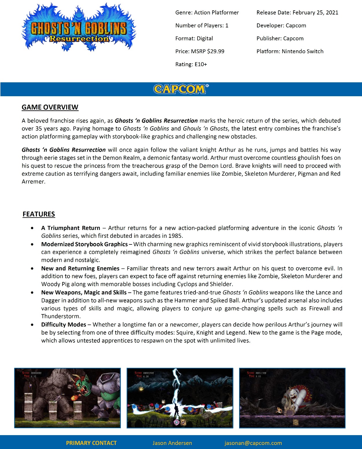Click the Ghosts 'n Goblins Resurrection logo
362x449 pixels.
(x=78, y=28)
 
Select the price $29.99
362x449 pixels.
(x=216, y=51)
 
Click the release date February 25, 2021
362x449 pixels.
(x=315, y=12)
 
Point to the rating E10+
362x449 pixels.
(x=201, y=64)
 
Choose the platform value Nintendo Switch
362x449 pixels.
(x=302, y=51)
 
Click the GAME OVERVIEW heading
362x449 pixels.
(x=50, y=107)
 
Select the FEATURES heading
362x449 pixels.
(x=39, y=214)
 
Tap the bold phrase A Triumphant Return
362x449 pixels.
(x=71, y=228)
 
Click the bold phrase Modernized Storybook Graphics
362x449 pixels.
(x=84, y=244)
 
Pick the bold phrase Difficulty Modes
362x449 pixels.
(x=64, y=324)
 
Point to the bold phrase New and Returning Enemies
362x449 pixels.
(x=80, y=268)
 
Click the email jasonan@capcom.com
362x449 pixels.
(x=253, y=443)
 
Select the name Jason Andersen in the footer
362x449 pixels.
(x=172, y=443)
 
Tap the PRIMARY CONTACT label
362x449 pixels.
(x=91, y=443)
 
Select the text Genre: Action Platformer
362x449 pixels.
(x=207, y=12)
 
